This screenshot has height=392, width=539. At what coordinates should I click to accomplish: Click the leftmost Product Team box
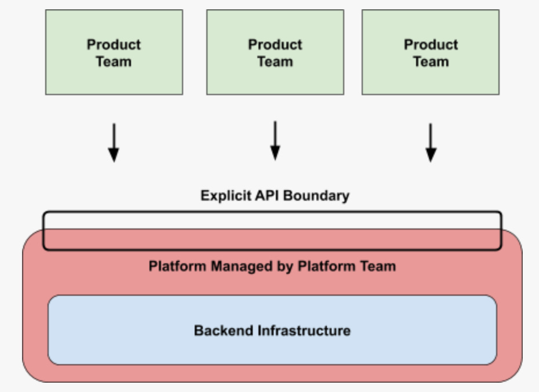114,52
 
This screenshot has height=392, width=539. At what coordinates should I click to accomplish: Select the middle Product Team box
275,52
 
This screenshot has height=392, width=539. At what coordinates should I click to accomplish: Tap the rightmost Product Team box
431,52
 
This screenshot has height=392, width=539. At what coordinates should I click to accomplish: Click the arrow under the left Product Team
114,142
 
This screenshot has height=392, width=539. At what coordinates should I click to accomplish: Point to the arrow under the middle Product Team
275,140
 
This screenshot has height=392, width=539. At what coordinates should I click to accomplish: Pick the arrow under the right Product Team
431,142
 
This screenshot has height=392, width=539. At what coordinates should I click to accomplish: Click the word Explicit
226,195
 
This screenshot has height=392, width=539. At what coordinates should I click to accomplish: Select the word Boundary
316,195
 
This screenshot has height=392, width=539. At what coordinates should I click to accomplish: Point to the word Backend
224,331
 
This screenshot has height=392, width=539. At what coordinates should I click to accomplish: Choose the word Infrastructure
304,331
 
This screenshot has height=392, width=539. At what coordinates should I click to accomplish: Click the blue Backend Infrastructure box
272,330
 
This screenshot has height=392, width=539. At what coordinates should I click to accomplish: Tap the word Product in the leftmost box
114,45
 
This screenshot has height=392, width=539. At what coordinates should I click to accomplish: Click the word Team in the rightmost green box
431,62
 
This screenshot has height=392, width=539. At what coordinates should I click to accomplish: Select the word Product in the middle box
275,45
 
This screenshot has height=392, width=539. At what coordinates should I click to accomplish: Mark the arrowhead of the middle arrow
275,153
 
